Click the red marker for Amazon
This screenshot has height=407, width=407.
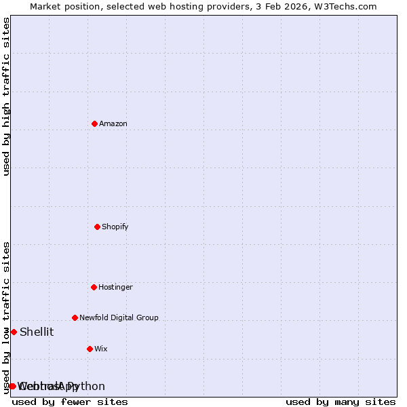95,123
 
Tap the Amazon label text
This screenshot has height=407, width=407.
113,124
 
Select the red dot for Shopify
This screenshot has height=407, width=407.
98,227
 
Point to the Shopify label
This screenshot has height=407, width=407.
115,227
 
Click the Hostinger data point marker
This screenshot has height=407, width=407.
94,287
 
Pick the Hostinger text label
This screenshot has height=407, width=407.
115,288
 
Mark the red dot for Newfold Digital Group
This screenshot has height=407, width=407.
75,317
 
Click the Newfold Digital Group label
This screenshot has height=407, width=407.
119,318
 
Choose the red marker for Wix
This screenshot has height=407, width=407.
90,349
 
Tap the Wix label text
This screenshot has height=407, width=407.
101,349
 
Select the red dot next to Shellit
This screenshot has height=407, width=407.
14,332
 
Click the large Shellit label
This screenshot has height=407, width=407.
37,332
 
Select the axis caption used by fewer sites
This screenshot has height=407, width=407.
70,402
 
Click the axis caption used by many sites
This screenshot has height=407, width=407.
341,402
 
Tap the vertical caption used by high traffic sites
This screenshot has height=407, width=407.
6,96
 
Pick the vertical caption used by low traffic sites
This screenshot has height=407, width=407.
6,317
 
